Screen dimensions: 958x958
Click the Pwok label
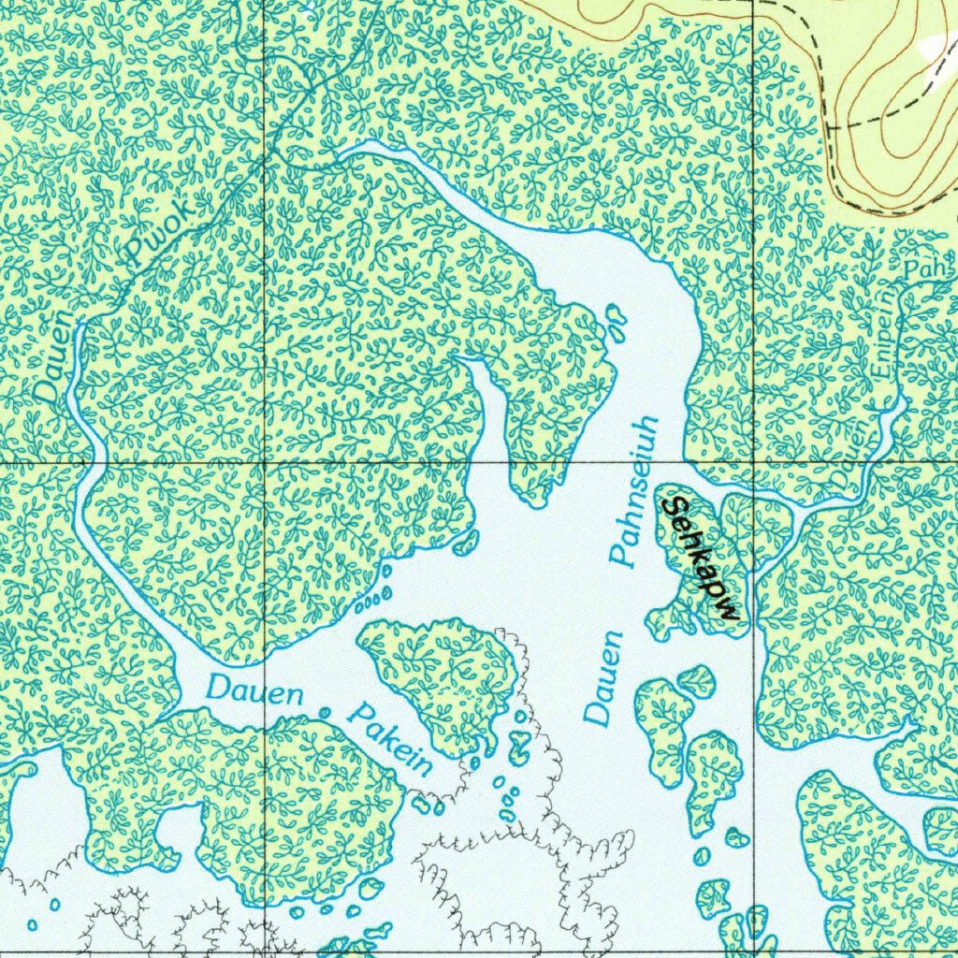click(x=164, y=230)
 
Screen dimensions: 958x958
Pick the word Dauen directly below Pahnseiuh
click(x=604, y=679)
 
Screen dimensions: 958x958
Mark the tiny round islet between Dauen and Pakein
click(x=325, y=713)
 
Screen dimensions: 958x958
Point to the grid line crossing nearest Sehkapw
click(x=754, y=462)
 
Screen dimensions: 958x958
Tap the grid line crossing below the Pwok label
click(x=265, y=462)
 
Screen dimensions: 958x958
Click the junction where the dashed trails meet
click(x=828, y=122)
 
